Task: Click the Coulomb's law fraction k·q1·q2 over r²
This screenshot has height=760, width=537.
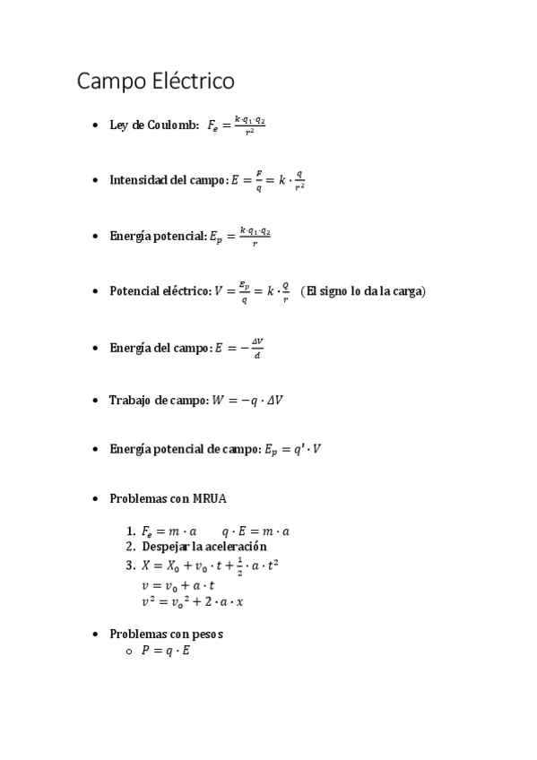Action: click(x=250, y=125)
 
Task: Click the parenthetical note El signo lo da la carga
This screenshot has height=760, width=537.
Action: click(x=363, y=291)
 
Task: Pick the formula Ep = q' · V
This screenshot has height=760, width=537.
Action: click(x=291, y=449)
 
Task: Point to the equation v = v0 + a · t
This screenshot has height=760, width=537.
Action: click(x=178, y=584)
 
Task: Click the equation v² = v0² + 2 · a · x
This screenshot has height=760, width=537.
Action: click(x=192, y=601)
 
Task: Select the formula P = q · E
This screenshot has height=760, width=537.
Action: click(x=165, y=651)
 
